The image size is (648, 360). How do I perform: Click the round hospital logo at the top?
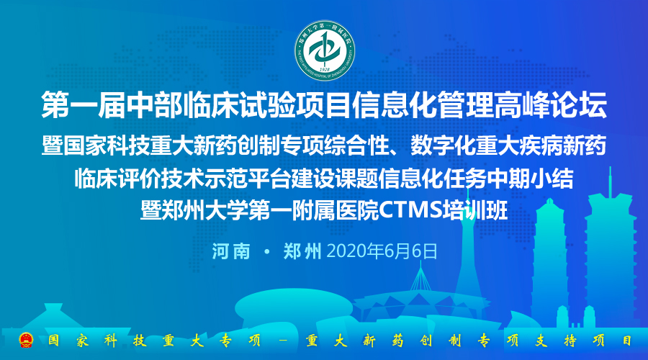[x=325, y=50]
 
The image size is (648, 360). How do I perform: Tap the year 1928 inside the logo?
[x=325, y=69]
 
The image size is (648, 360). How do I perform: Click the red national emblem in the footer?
[x=26, y=340]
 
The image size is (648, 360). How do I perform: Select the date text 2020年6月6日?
[x=382, y=251]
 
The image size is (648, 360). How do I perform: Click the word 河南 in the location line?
[x=231, y=251]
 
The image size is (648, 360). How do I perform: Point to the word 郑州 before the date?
[x=302, y=251]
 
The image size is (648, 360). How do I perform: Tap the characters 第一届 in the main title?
[x=83, y=105]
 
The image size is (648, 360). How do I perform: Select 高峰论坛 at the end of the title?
[x=551, y=105]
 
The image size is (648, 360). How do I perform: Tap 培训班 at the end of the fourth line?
[x=475, y=210]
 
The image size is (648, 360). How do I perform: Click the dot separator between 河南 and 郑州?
[x=267, y=251]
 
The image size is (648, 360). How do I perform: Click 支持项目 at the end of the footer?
[x=584, y=341]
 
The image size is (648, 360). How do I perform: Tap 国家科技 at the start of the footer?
[x=96, y=341]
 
